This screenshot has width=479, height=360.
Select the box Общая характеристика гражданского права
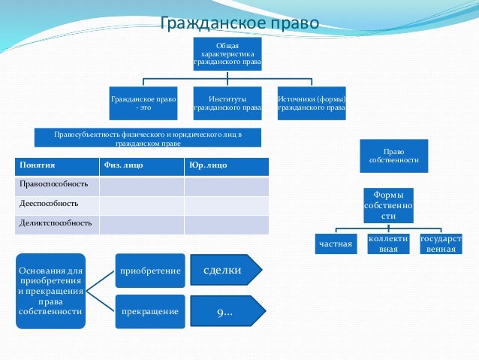click(227, 54)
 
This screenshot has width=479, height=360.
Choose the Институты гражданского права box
click(227, 104)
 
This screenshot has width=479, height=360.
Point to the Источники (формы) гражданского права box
click(312, 104)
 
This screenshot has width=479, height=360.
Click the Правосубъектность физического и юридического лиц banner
click(148, 138)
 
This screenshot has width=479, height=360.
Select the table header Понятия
click(57, 165)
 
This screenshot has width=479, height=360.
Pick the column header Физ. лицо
click(142, 165)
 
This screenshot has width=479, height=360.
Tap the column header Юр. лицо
click(226, 165)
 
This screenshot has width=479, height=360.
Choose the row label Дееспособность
click(57, 204)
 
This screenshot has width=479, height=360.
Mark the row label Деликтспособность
click(57, 224)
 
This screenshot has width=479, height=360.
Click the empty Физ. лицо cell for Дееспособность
click(142, 204)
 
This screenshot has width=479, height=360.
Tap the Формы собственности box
click(388, 205)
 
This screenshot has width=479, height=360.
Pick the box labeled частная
click(336, 244)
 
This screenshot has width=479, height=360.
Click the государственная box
click(441, 244)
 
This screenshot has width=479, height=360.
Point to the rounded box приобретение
click(149, 271)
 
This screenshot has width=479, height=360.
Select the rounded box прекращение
click(149, 312)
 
